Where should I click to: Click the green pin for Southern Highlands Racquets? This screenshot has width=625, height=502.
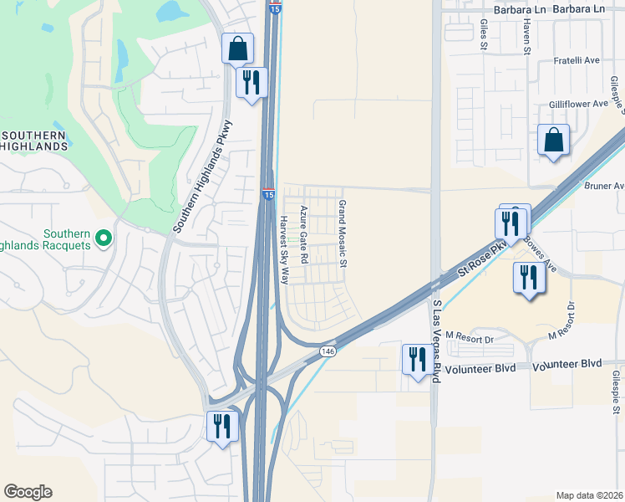(103, 239)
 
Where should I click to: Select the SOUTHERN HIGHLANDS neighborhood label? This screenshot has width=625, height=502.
(33, 141)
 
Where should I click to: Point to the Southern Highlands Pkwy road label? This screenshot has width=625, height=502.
(202, 177)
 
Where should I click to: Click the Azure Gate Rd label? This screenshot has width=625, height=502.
(304, 235)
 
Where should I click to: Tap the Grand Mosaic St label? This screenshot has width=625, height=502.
(342, 233)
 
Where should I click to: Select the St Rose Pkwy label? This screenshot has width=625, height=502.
(484, 259)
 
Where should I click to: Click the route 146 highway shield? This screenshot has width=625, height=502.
(328, 352)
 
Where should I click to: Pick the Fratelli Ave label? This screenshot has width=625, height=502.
(577, 61)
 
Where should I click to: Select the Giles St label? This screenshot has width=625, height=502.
(484, 37)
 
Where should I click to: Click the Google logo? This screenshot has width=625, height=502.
(28, 492)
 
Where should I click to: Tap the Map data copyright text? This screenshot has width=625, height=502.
(590, 495)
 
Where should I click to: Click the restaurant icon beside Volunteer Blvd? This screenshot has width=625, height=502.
(416, 359)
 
